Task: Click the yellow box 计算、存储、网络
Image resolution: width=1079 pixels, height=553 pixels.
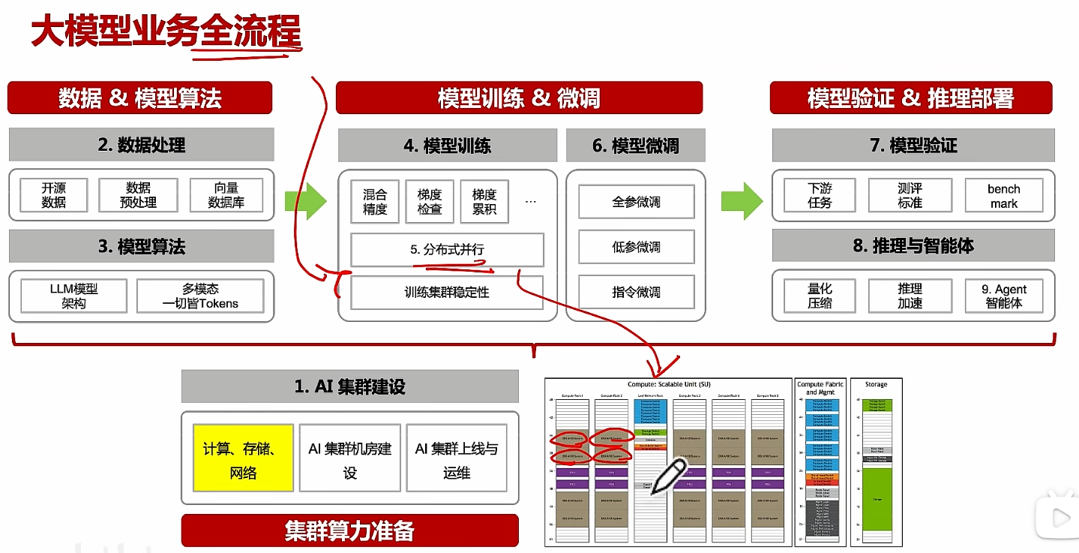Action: coord(243,459)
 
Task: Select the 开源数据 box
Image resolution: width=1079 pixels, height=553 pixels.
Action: coord(54,195)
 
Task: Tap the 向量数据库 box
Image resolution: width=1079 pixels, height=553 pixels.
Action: coord(226,195)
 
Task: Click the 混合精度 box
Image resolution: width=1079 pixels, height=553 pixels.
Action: coord(375,201)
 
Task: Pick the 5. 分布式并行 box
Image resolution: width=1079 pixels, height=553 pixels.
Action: coord(447,249)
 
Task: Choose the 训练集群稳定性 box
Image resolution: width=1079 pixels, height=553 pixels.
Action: coord(447,292)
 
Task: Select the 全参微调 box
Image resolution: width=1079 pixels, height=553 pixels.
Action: coord(636,202)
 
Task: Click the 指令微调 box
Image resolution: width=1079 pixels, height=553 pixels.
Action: coord(636,292)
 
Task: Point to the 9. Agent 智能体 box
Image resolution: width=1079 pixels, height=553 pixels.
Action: coord(1003,296)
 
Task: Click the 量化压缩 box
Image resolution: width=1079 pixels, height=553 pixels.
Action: coord(820,296)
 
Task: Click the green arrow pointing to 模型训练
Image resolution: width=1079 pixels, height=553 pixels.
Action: coord(305,200)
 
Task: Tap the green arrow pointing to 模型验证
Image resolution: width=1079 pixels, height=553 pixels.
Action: coord(742,200)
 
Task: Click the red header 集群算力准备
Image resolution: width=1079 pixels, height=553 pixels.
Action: coord(349,530)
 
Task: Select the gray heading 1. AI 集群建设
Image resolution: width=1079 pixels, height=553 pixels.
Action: coord(349,386)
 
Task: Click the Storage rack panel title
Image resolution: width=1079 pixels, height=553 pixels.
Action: coord(876,385)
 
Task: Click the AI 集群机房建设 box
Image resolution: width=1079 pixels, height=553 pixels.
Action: coord(349,459)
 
